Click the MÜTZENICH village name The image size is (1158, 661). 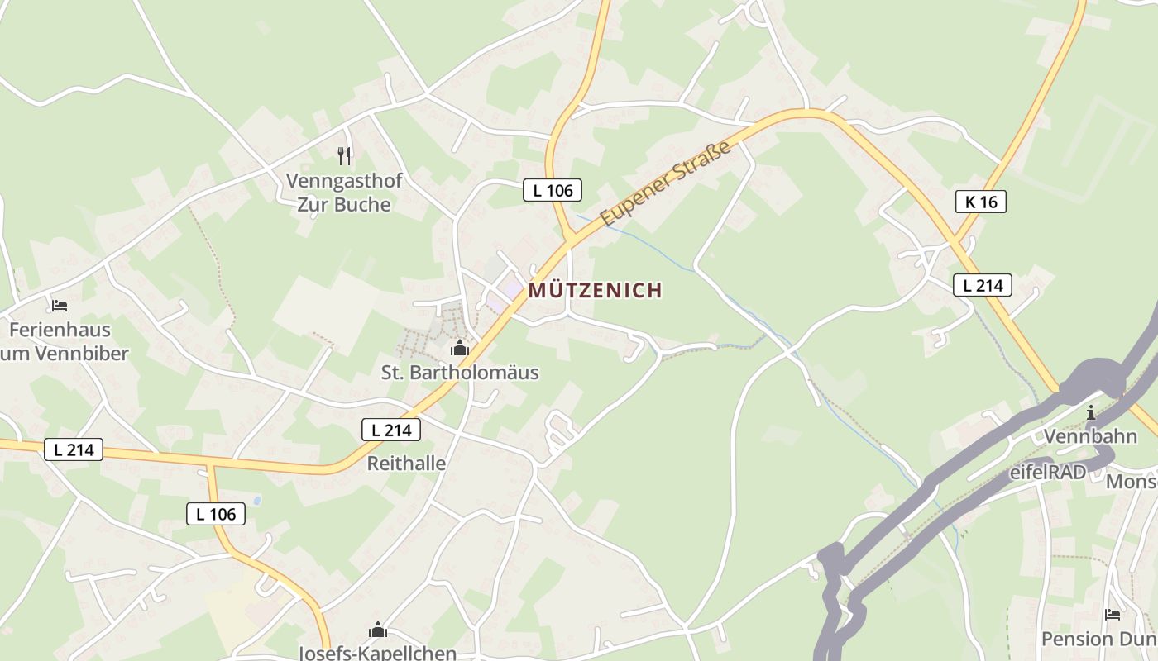(596, 291)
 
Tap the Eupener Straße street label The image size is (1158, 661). (666, 183)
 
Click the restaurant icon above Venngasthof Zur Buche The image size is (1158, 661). (344, 155)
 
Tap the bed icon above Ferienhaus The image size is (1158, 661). (60, 306)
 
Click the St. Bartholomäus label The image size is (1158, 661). (460, 373)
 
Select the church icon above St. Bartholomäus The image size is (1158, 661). (460, 348)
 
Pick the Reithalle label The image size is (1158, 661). (406, 464)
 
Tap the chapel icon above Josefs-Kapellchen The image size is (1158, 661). (378, 630)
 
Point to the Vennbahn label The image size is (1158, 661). (1090, 436)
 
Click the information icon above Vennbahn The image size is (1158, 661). (1091, 412)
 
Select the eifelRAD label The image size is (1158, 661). (1047, 473)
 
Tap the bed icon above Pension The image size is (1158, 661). (1113, 615)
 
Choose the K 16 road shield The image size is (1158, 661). (981, 202)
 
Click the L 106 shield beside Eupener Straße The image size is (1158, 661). (553, 190)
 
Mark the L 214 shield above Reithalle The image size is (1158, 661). (391, 430)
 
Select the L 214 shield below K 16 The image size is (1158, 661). (983, 286)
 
